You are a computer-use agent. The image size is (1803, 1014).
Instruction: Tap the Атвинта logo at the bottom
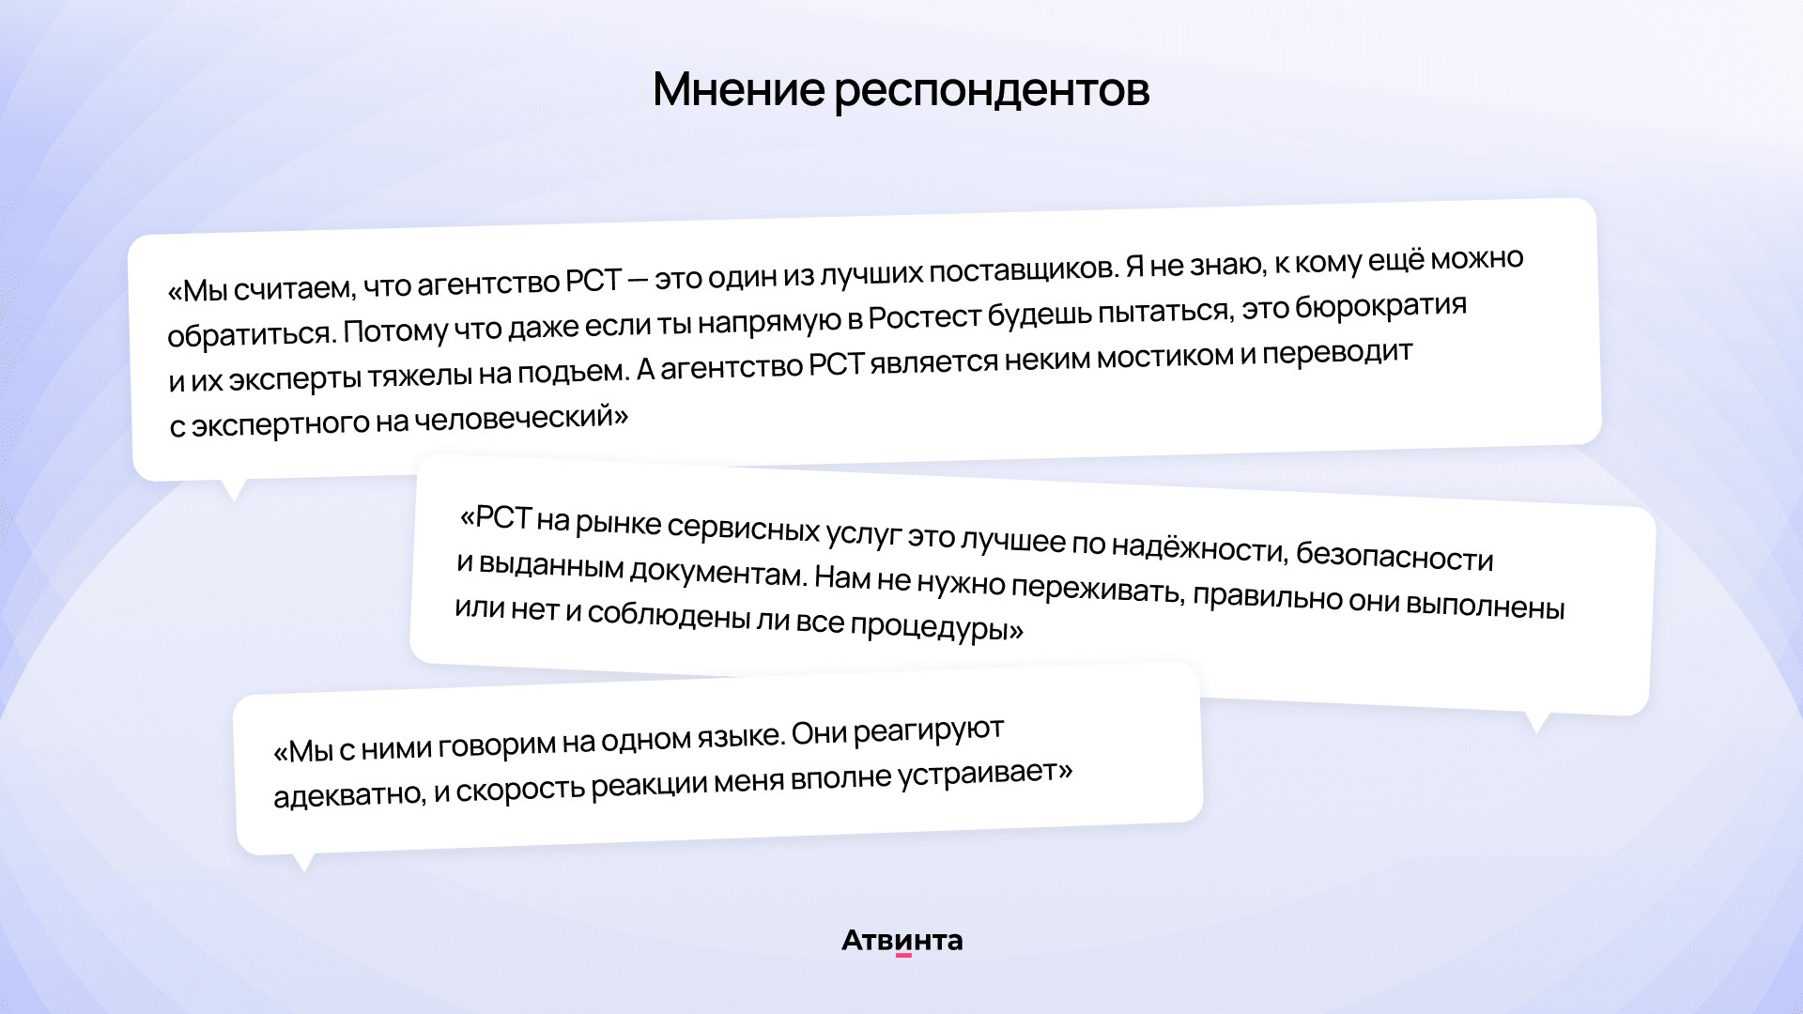901,941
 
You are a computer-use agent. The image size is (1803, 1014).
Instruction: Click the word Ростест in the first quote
924,317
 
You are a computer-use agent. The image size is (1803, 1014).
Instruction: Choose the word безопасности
1395,556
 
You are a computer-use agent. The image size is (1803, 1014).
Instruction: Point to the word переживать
1097,589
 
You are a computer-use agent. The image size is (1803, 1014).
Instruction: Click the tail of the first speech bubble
233,488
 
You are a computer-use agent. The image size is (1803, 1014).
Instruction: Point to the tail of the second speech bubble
1536,721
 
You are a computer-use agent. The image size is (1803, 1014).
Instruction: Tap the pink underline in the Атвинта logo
903,956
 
